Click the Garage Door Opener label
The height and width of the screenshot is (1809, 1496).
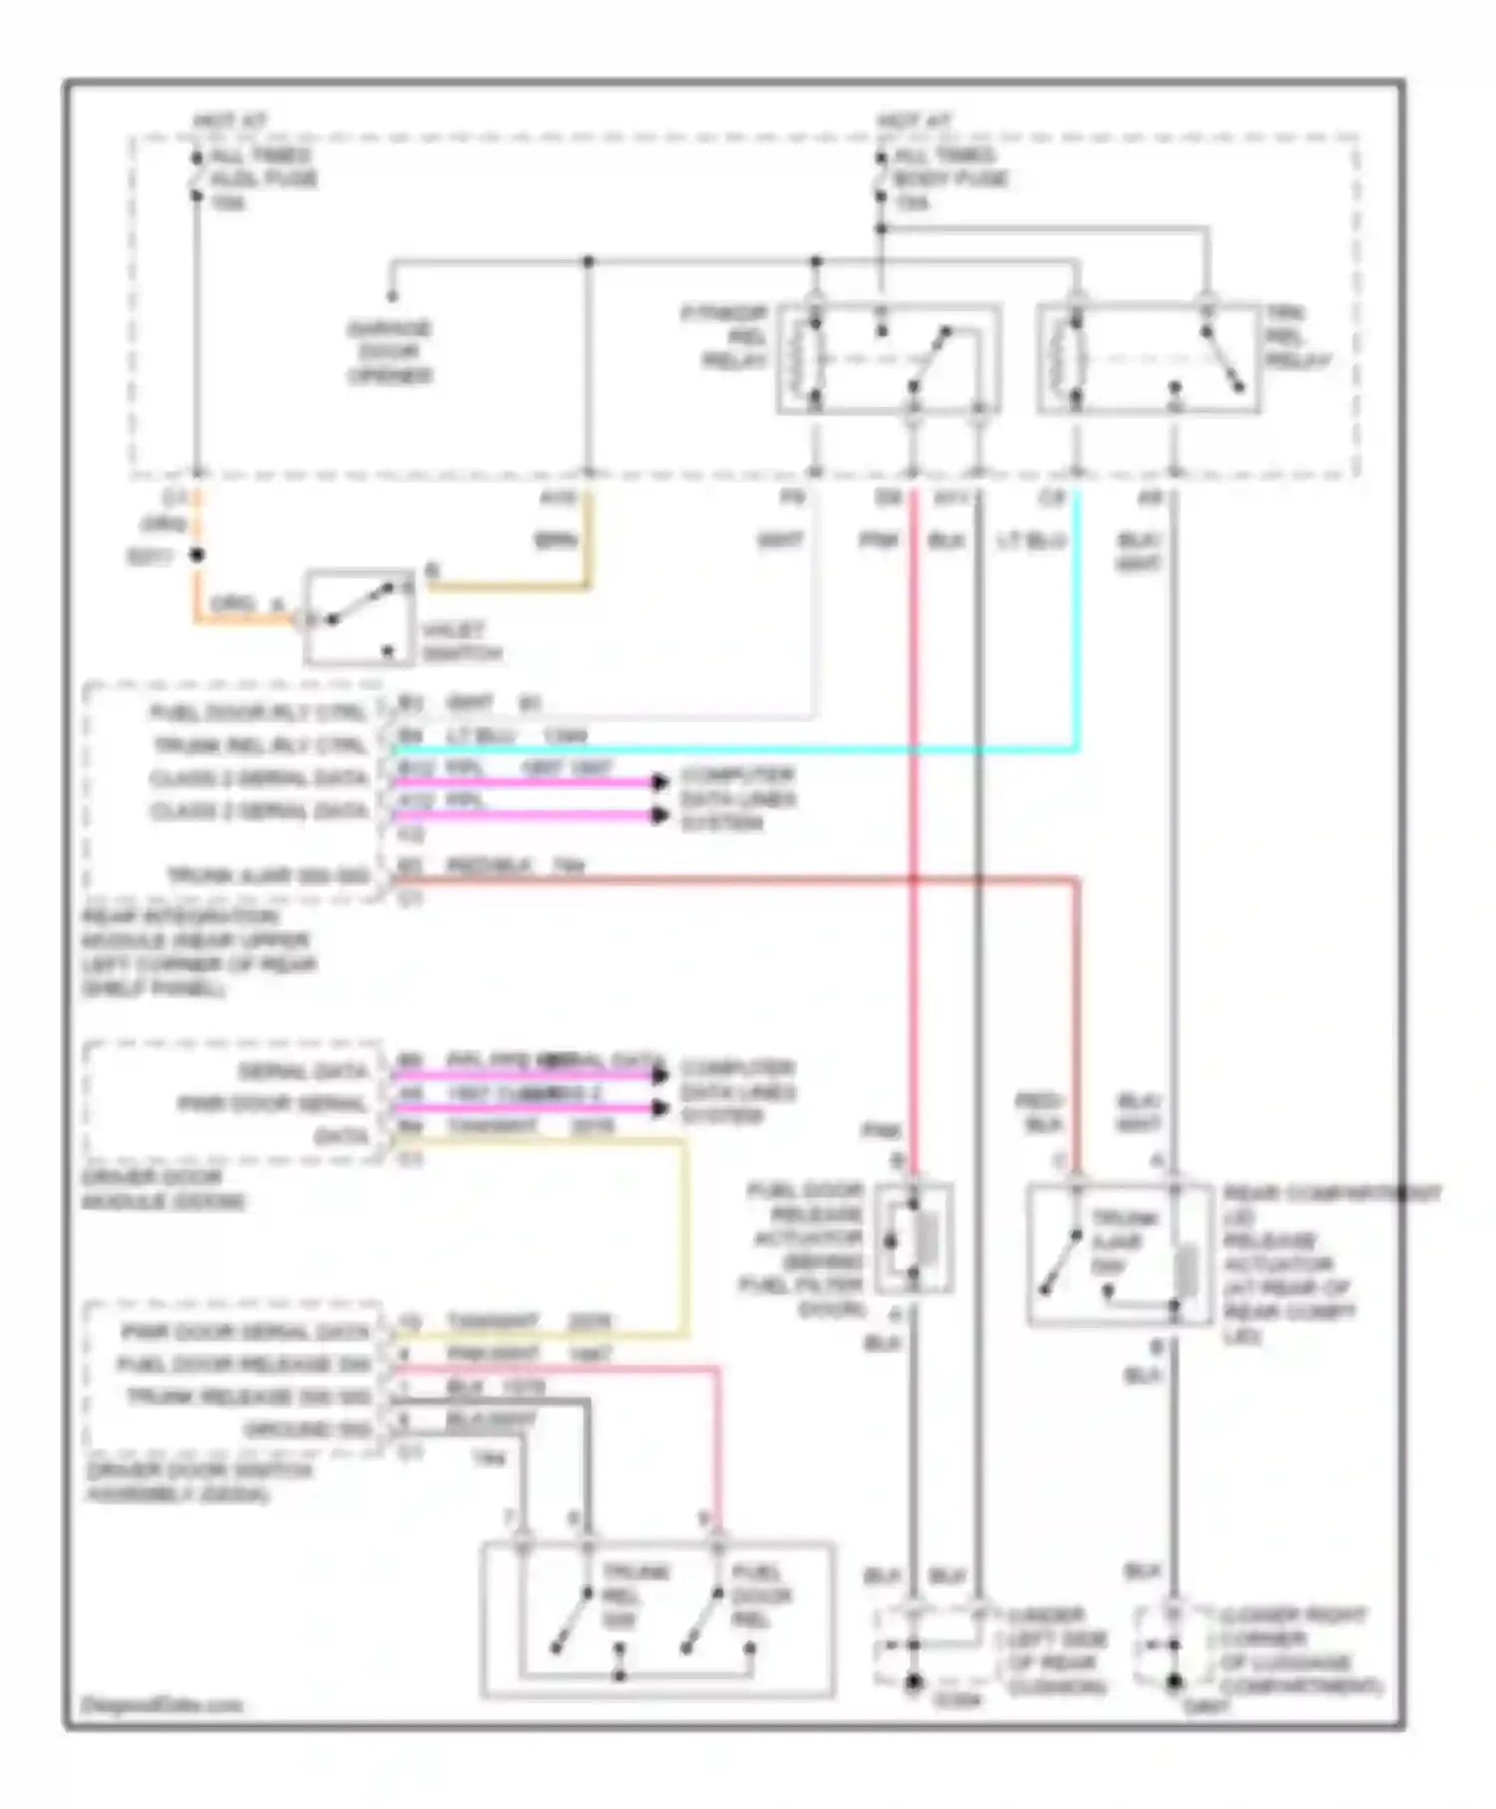(389, 352)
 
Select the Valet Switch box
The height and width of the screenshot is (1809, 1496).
(359, 617)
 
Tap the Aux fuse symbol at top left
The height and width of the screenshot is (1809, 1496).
(196, 176)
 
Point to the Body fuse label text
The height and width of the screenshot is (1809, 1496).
(950, 180)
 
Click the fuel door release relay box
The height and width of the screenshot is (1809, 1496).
(889, 358)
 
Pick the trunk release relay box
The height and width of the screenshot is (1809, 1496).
(1148, 358)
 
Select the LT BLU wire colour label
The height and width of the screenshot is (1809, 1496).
(1031, 542)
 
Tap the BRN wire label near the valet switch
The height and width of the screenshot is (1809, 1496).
(556, 542)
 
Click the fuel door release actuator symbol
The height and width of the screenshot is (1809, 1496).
(914, 1240)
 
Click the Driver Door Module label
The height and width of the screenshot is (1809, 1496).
(164, 1190)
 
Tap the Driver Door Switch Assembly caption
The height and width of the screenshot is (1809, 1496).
(199, 1483)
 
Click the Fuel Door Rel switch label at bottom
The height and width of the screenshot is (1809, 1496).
(762, 1596)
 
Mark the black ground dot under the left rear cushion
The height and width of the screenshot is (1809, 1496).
(913, 1683)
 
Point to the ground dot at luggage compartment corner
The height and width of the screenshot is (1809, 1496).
(1174, 1683)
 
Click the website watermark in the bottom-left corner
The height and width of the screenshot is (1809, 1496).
(162, 1705)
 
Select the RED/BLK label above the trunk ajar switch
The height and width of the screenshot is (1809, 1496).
(1039, 1113)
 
